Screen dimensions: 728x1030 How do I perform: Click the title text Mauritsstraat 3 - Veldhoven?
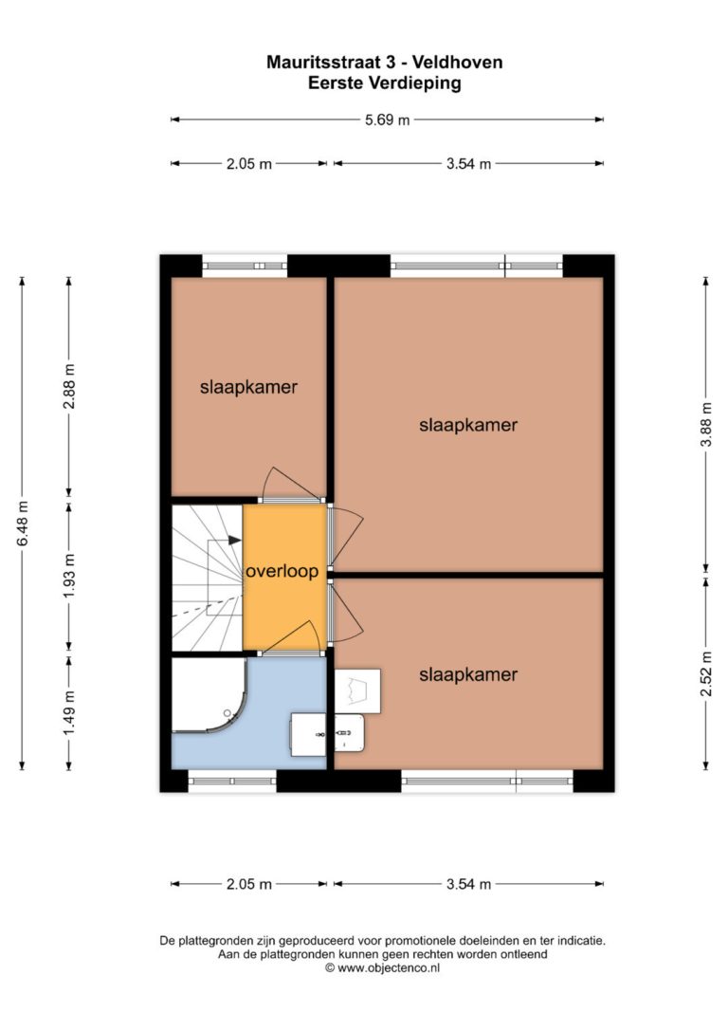(385, 63)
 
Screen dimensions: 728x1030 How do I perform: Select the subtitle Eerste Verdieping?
(385, 83)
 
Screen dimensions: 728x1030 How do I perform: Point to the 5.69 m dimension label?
(388, 120)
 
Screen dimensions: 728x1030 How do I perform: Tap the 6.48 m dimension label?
(23, 523)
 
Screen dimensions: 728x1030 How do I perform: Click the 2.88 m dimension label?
(69, 386)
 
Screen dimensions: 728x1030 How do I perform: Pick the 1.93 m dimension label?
(69, 576)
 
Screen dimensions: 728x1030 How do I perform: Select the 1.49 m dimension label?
(69, 712)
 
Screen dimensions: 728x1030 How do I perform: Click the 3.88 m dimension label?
(706, 424)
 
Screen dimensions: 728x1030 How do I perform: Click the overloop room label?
(282, 572)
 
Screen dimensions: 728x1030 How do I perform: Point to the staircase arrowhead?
(235, 540)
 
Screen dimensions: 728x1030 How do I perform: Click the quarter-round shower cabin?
(209, 695)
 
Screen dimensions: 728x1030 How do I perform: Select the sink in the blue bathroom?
(308, 734)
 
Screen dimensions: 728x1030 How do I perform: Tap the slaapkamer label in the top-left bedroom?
(248, 388)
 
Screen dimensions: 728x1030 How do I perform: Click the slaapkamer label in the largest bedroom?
(468, 425)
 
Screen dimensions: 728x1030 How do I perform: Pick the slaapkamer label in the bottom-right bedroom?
(468, 674)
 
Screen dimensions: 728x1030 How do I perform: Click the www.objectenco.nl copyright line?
(383, 968)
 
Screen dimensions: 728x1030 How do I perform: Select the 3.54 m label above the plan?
(468, 164)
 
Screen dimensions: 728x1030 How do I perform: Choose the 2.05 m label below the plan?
(248, 884)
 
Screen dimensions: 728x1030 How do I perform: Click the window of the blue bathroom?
(232, 782)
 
